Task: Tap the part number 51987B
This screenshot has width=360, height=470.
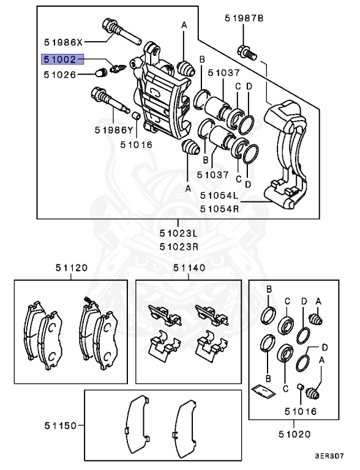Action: pos(244,19)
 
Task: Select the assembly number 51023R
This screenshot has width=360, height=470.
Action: pos(178,247)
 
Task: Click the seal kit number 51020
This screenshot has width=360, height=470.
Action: pos(294,435)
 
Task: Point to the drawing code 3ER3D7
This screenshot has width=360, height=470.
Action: pos(329,457)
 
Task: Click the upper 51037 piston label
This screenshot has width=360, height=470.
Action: pos(223,73)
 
